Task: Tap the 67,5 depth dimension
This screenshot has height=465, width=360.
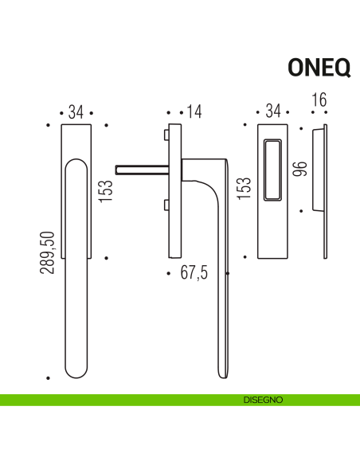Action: (x=194, y=273)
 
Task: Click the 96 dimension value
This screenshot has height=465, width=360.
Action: (x=300, y=169)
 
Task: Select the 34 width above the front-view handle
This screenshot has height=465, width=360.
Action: (x=76, y=112)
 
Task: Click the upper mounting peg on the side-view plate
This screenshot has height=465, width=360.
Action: (x=165, y=132)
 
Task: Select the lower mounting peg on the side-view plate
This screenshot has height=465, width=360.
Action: (x=165, y=206)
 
